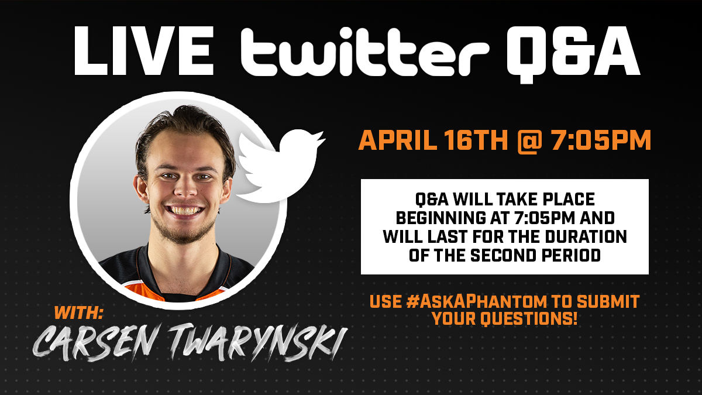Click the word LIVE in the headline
[x=144, y=51]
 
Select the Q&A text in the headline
[x=574, y=54]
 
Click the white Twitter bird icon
[x=280, y=165]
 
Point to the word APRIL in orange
[x=397, y=141]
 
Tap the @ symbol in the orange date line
[x=529, y=142]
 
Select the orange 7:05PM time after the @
[x=601, y=141]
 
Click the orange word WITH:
[x=78, y=312]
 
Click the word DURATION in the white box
[x=586, y=236]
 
